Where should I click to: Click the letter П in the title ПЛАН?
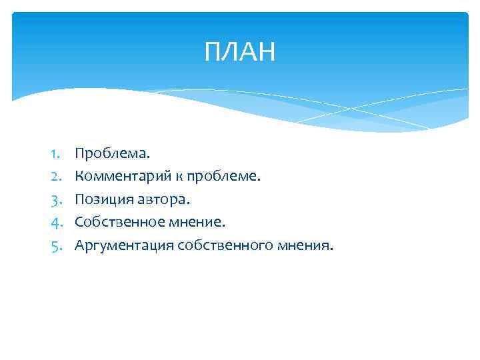coord(213,52)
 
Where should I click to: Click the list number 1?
coord(55,154)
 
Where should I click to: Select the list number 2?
coord(55,177)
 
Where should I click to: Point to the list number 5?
coord(55,245)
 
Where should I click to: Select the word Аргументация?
coord(124,245)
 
